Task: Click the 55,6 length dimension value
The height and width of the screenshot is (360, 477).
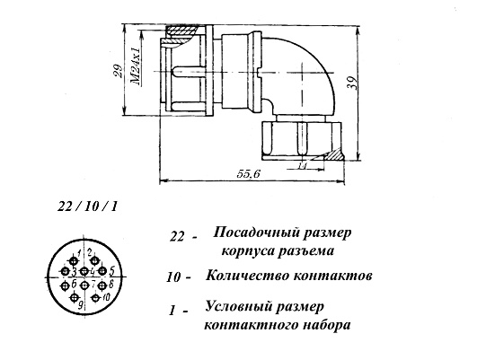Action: (x=249, y=174)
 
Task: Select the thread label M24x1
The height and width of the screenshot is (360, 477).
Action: (x=136, y=66)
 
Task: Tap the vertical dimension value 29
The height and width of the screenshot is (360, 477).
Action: (x=118, y=72)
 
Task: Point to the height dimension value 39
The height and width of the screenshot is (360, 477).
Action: (x=352, y=83)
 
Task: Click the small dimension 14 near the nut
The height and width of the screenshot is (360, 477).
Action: (x=302, y=166)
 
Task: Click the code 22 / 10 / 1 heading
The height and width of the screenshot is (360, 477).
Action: (x=87, y=207)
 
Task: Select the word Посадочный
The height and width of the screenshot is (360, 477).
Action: (x=257, y=233)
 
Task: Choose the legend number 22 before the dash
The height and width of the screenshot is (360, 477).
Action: (x=177, y=237)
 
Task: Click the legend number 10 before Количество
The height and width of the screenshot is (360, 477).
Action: (x=173, y=278)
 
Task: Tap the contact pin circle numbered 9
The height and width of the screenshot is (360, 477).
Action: (x=74, y=298)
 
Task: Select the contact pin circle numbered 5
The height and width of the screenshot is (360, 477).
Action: (x=102, y=270)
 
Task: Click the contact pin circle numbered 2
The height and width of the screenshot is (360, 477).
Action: (x=95, y=260)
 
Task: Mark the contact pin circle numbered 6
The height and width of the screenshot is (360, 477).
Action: (x=65, y=285)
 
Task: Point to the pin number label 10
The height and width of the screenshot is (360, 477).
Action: (x=106, y=297)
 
